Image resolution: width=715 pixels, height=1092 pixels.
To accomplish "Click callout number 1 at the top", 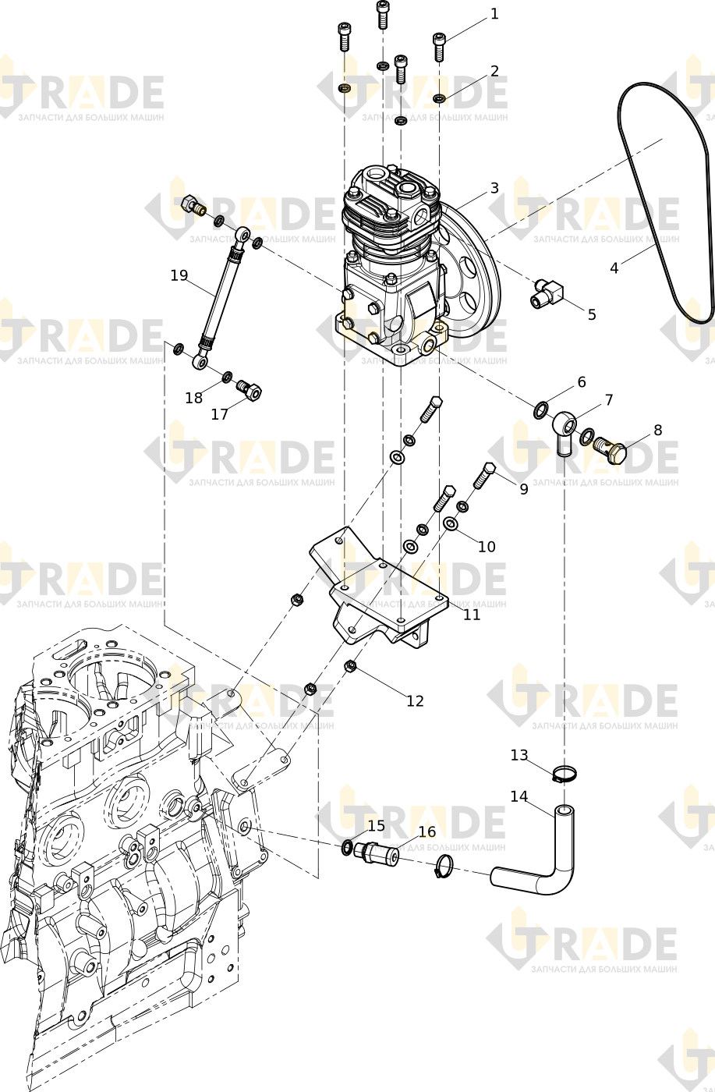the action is pos(494,14).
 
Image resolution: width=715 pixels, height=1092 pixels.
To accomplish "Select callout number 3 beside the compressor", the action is pos(494,188).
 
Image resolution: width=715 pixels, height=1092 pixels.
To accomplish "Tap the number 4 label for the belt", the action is pos(614,268).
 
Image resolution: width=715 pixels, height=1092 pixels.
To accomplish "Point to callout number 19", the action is pos(179,275).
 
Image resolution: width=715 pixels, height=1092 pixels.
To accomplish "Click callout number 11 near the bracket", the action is pos(472,615).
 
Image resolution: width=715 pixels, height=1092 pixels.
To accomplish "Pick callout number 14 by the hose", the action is pos(519,796).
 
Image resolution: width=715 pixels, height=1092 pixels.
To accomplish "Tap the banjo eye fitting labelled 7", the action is pos(565,431).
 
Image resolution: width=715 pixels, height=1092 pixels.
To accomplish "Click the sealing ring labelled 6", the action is pos(541,410).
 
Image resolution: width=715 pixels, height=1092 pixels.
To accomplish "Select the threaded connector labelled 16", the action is pos(377,853).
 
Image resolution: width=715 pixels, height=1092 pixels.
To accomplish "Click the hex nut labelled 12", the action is pos(349,665).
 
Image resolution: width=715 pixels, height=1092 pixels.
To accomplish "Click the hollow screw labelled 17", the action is pos(250,391).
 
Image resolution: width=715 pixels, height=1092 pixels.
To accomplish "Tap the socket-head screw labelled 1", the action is pos(439,47).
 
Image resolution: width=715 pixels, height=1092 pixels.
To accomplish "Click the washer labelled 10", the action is pos(451,524).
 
